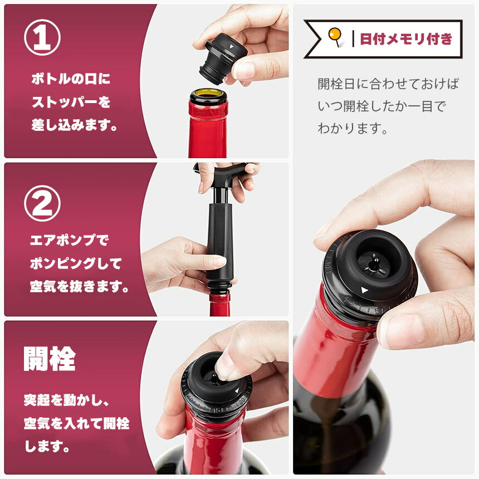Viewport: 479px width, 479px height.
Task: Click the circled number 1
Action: pyautogui.click(x=42, y=37)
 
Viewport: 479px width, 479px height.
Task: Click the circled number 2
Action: pyautogui.click(x=42, y=203)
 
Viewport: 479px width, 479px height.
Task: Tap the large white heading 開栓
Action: pyautogui.click(x=50, y=359)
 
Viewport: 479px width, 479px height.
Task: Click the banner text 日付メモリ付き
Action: pyautogui.click(x=406, y=39)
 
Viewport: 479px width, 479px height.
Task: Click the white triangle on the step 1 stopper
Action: pyautogui.click(x=232, y=46)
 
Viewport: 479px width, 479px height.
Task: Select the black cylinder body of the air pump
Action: pyautogui.click(x=219, y=241)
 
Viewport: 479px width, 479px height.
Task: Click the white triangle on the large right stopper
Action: pyautogui.click(x=364, y=290)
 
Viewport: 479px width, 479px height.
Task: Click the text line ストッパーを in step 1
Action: pyautogui.click(x=71, y=102)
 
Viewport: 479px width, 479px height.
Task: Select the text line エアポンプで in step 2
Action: pyautogui.click(x=70, y=240)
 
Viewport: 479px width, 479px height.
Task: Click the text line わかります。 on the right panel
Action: pyautogui.click(x=353, y=128)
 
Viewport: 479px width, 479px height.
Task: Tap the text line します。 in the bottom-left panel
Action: pyautogui.click(x=47, y=447)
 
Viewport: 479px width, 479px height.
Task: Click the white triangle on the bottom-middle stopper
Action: pyautogui.click(x=237, y=390)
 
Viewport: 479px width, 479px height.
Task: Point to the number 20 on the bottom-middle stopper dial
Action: pyautogui.click(x=242, y=399)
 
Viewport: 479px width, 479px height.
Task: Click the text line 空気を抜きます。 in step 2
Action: pyautogui.click(x=79, y=286)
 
